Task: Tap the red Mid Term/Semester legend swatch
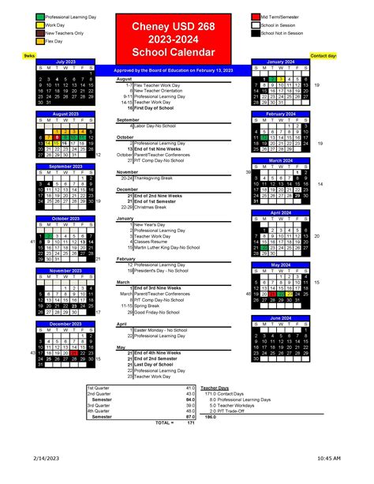(255, 17)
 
